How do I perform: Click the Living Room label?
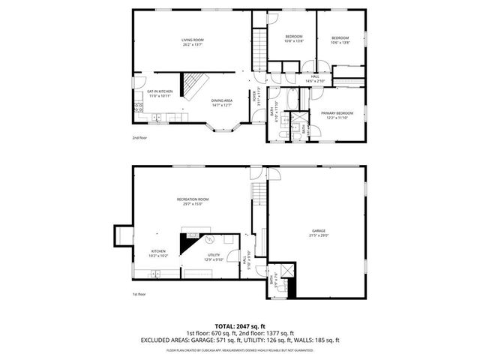coord(193,42)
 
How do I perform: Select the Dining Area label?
coord(220,103)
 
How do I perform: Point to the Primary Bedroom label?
coord(337,115)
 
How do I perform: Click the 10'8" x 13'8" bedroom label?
coord(294,39)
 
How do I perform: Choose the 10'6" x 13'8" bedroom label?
coord(340,40)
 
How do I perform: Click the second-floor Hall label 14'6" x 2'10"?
coord(315,78)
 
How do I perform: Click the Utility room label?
coord(213,257)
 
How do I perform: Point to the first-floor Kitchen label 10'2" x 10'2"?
coord(158,253)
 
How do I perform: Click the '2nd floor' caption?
coord(139,139)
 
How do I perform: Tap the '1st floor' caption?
coord(139,295)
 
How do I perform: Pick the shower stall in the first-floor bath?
coord(285,272)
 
